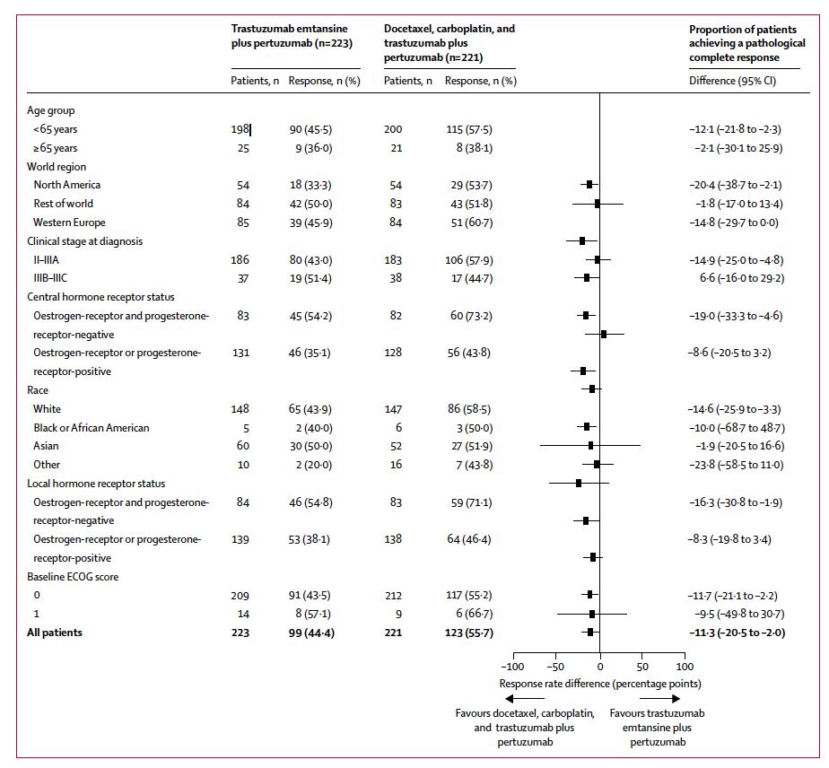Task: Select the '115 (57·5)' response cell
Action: [x=468, y=129]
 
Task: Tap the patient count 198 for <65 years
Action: [x=240, y=129]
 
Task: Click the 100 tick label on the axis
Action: [x=685, y=668]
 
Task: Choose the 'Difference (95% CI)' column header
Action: [x=732, y=81]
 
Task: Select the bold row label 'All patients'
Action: [x=55, y=633]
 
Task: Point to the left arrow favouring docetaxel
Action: [x=524, y=699]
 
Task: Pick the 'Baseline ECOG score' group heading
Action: [x=73, y=577]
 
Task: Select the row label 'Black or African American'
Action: [x=92, y=428]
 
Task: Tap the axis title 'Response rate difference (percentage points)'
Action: [x=600, y=684]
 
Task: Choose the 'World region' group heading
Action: [x=57, y=167]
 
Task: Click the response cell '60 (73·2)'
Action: [x=468, y=316]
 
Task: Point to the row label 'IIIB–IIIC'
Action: [x=56, y=278]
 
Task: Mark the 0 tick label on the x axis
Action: [x=599, y=668]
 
